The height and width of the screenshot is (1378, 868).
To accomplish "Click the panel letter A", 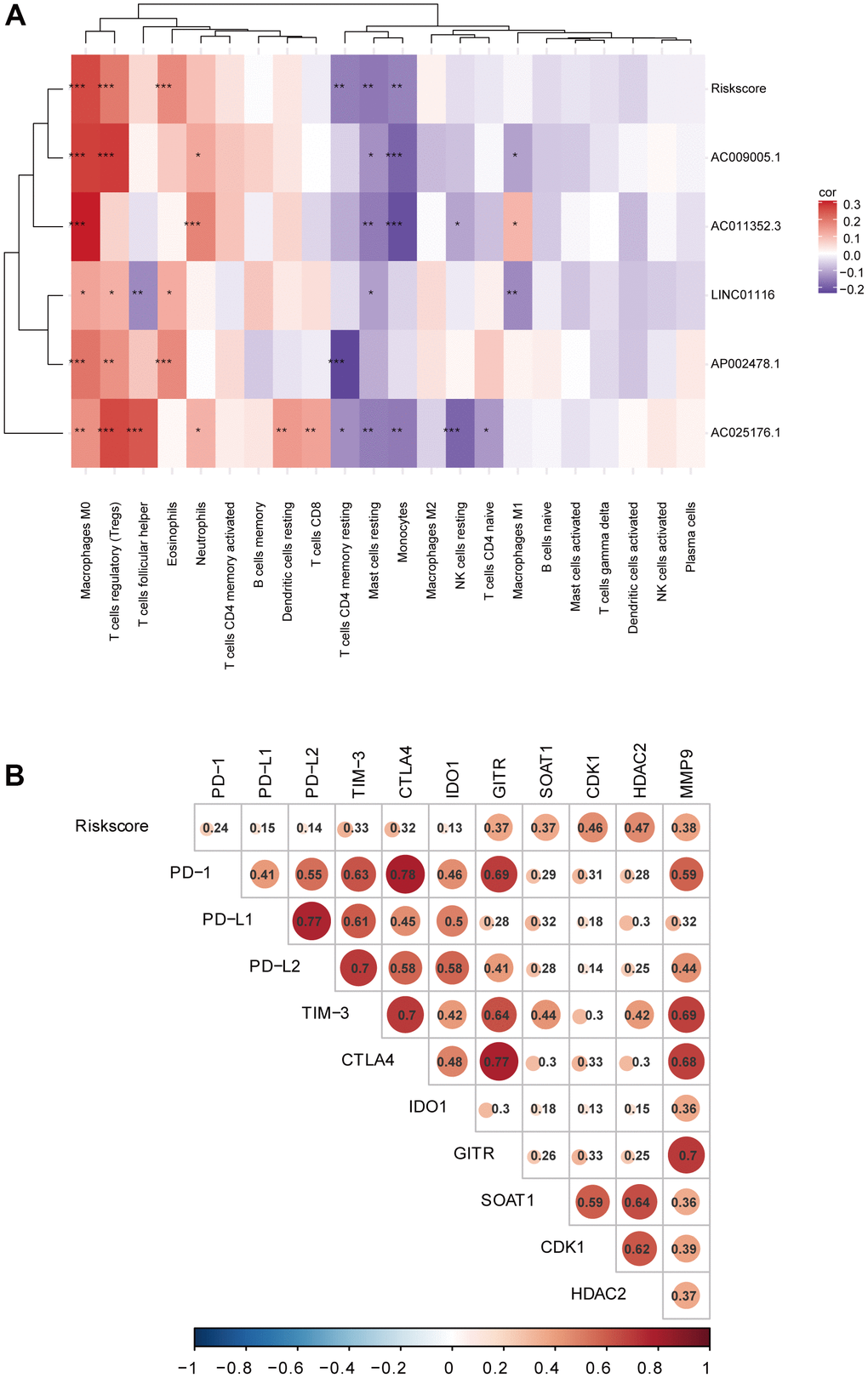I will pos(15,16).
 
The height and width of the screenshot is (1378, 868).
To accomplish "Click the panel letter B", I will pos(14,775).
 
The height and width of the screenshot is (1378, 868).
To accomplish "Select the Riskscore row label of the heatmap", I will pos(738,88).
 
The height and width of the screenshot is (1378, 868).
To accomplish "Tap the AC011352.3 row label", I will pos(745,226).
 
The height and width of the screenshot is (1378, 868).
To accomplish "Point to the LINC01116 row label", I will pos(742,295).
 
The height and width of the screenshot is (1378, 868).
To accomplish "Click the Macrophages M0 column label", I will pos(85,549).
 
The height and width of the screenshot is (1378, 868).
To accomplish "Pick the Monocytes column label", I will pos(403,532).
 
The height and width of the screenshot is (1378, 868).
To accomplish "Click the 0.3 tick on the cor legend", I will pos(851,205).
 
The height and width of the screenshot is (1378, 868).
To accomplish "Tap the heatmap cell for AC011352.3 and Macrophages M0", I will pos(85,226).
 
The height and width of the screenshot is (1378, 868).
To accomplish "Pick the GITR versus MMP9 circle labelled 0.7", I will pos(685,1155).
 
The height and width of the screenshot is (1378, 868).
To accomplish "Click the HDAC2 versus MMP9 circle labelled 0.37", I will pos(684,1295).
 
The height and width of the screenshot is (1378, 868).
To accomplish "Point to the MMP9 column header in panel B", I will pos(686,773).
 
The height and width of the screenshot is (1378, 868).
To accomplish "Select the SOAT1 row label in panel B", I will pos(507,1200).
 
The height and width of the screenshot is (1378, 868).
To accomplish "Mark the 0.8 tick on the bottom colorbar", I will pos(649,1368).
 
